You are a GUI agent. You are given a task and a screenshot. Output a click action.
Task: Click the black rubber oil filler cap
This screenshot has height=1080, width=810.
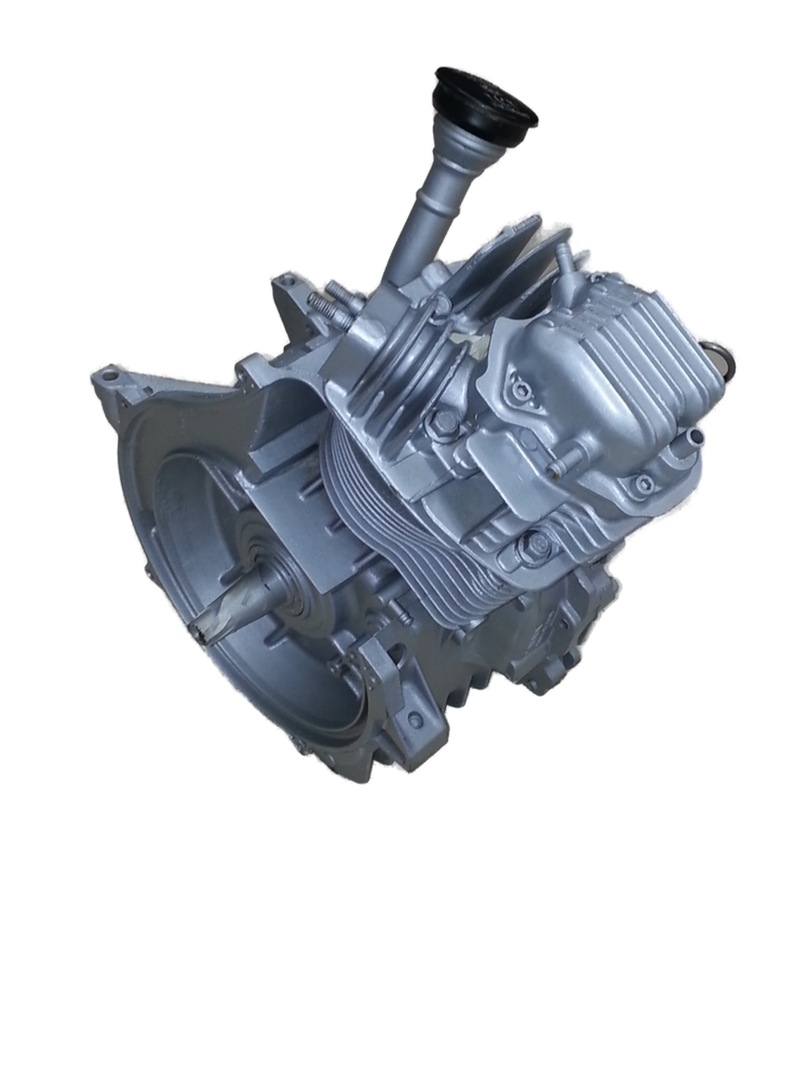492,98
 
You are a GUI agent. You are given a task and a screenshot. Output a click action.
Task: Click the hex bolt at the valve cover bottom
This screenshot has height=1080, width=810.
536,544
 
